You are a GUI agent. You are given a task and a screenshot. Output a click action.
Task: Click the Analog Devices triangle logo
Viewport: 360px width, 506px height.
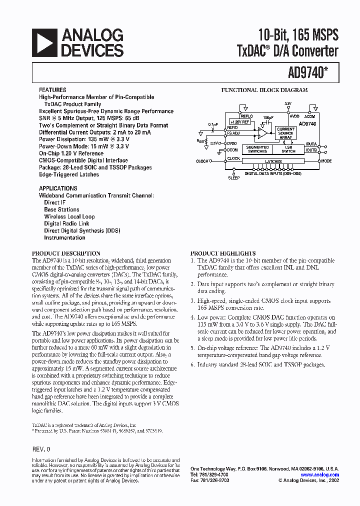click(x=44, y=42)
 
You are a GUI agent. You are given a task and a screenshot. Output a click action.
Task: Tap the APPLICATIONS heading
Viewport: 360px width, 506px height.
click(x=58, y=188)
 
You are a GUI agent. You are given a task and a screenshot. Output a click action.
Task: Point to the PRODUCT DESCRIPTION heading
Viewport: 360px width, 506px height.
click(x=66, y=253)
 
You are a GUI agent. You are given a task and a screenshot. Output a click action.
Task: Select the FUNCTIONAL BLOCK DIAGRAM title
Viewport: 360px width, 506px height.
click(x=264, y=90)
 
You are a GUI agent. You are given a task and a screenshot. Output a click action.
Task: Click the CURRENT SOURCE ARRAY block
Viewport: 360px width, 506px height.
click(x=286, y=133)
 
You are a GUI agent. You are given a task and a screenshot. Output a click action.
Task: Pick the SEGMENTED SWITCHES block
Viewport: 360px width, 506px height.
click(x=257, y=149)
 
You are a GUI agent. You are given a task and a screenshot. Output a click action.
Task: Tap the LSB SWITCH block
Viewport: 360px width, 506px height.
click(x=288, y=149)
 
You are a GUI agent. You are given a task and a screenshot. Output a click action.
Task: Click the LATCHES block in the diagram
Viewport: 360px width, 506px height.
click(x=273, y=161)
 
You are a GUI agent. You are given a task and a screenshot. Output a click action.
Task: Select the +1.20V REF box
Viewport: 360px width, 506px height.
click(x=239, y=121)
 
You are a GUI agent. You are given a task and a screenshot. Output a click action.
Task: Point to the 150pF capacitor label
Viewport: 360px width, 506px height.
click(x=268, y=118)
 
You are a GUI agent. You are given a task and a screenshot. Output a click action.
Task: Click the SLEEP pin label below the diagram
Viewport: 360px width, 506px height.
click(x=234, y=178)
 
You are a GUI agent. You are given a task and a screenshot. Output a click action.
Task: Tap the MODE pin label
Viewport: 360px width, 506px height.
click(x=326, y=161)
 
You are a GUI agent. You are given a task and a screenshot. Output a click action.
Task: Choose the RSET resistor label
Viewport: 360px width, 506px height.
click(x=201, y=141)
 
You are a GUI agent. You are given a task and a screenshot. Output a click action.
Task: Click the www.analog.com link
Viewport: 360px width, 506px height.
click(x=320, y=475)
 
